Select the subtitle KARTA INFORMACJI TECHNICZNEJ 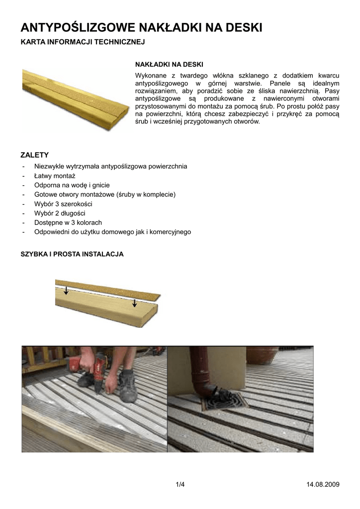tap(82, 43)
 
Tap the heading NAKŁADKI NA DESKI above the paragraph tap(169, 65)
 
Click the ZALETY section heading tap(34, 155)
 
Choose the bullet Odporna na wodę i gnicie tap(72, 185)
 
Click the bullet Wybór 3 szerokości tap(63, 204)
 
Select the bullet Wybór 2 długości tap(60, 213)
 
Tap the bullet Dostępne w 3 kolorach tap(68, 223)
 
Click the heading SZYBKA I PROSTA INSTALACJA tap(72, 254)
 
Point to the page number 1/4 tap(180, 485)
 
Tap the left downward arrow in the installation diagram tap(66, 290)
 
